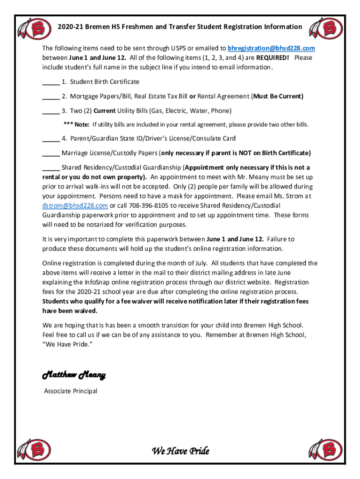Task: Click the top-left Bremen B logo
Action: pos(37,29)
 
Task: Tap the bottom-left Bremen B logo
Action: pos(37,450)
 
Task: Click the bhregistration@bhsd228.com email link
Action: pos(271,48)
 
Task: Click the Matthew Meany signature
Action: pos(74,375)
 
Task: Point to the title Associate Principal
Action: pos(71,391)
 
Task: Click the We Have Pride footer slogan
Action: pos(180,451)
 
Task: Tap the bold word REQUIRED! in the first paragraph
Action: pos(272,58)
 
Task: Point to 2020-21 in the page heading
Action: pos(72,27)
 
